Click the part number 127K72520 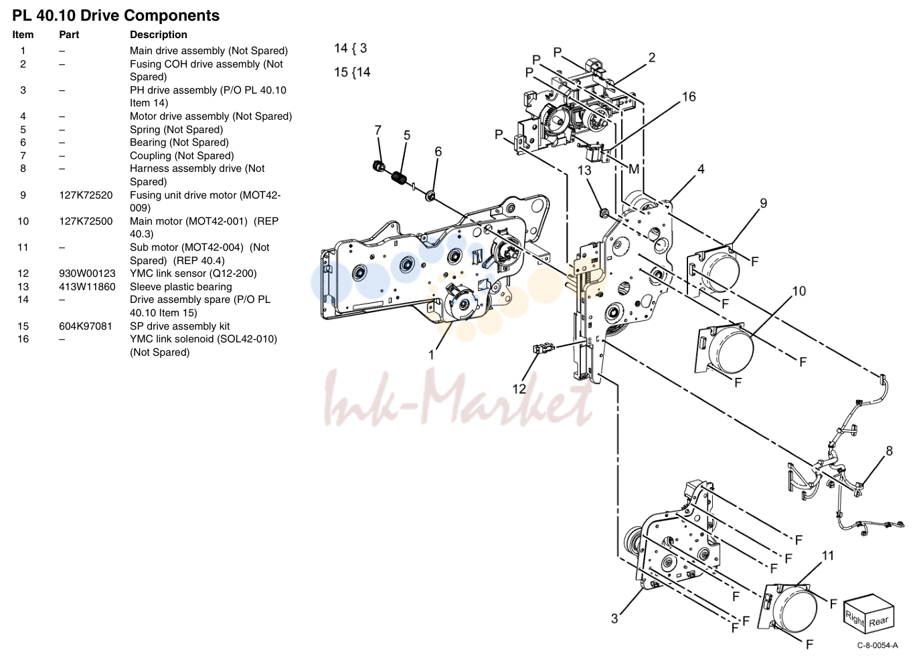(x=86, y=195)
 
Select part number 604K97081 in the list (x=86, y=326)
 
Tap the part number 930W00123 (x=87, y=273)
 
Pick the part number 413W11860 (x=87, y=287)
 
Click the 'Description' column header (x=158, y=35)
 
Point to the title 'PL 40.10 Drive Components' (x=116, y=15)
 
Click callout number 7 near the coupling (x=378, y=130)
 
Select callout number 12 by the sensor (x=519, y=389)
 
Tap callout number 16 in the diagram (x=689, y=97)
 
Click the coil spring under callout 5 (x=399, y=179)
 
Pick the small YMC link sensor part (x=543, y=349)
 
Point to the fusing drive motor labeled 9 (x=714, y=271)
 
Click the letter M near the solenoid (x=634, y=169)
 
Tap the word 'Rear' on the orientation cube (x=879, y=621)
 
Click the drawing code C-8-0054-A (x=877, y=646)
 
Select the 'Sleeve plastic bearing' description (x=181, y=287)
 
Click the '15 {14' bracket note (x=352, y=72)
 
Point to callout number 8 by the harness (x=890, y=451)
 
